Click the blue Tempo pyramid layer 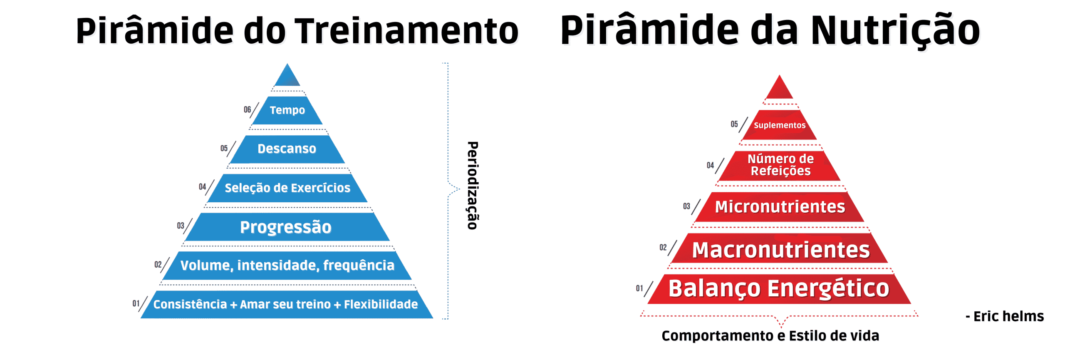point(287,110)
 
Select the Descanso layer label point(287,149)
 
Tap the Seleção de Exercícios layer point(287,188)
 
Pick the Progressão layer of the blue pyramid point(287,227)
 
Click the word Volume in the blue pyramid point(207,266)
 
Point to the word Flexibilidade point(381,304)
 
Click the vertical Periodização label point(473,185)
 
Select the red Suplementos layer point(780,125)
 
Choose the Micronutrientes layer point(780,207)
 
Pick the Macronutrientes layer point(780,248)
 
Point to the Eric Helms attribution point(1005,316)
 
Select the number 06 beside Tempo point(248,109)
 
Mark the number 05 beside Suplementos point(734,124)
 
